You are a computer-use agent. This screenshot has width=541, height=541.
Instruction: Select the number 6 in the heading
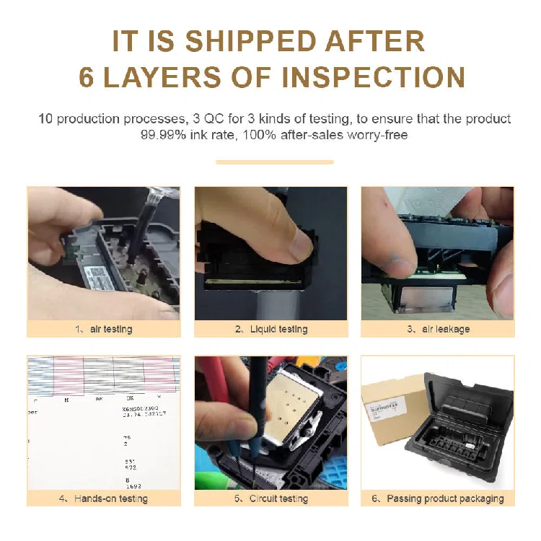coord(86,77)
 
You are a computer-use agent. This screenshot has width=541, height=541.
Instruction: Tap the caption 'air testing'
coord(111,329)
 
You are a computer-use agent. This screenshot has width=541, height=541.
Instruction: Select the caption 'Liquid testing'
coord(277,329)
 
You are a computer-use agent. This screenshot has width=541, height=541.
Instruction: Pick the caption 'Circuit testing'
coord(278,498)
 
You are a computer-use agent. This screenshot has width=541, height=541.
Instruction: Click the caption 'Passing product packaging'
coord(444,498)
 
